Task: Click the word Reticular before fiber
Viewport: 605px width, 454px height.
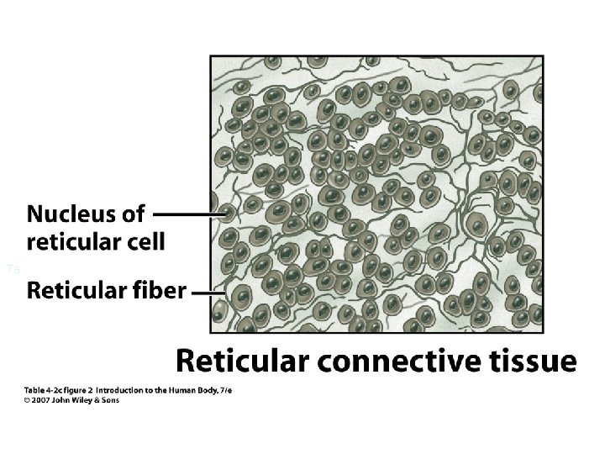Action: tap(75, 292)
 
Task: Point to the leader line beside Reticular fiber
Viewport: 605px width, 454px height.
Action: tap(204, 293)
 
